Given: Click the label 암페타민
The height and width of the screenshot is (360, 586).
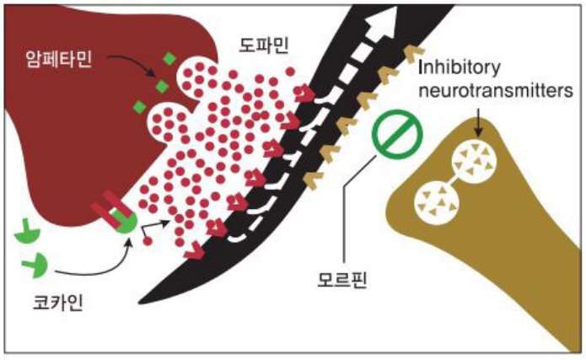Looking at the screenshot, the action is pos(59,60).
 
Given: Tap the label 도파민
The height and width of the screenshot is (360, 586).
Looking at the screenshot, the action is pos(264,46).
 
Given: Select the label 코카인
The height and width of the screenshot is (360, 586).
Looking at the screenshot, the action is pos(58,303).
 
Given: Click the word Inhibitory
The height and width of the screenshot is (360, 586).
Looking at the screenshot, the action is pos(460,67).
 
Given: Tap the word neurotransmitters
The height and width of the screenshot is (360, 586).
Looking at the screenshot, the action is pos(496,90).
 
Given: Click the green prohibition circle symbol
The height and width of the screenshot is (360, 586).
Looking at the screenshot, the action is pos(397,134).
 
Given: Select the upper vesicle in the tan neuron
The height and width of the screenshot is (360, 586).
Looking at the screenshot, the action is pos(474,162).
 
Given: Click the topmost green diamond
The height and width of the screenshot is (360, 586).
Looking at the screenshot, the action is pos(170,59).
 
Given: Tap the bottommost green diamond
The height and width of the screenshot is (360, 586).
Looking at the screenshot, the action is pos(140,107).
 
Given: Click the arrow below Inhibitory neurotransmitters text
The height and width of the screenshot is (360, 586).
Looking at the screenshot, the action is pos(478,122).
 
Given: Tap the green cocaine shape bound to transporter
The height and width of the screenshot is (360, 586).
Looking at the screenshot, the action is pos(126,222).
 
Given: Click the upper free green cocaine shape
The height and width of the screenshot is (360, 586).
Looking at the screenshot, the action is pos(27,234).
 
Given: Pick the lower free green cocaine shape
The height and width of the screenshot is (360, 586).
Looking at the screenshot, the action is pos(35,265).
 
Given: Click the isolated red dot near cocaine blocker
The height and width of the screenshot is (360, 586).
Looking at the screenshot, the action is pos(148,241).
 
